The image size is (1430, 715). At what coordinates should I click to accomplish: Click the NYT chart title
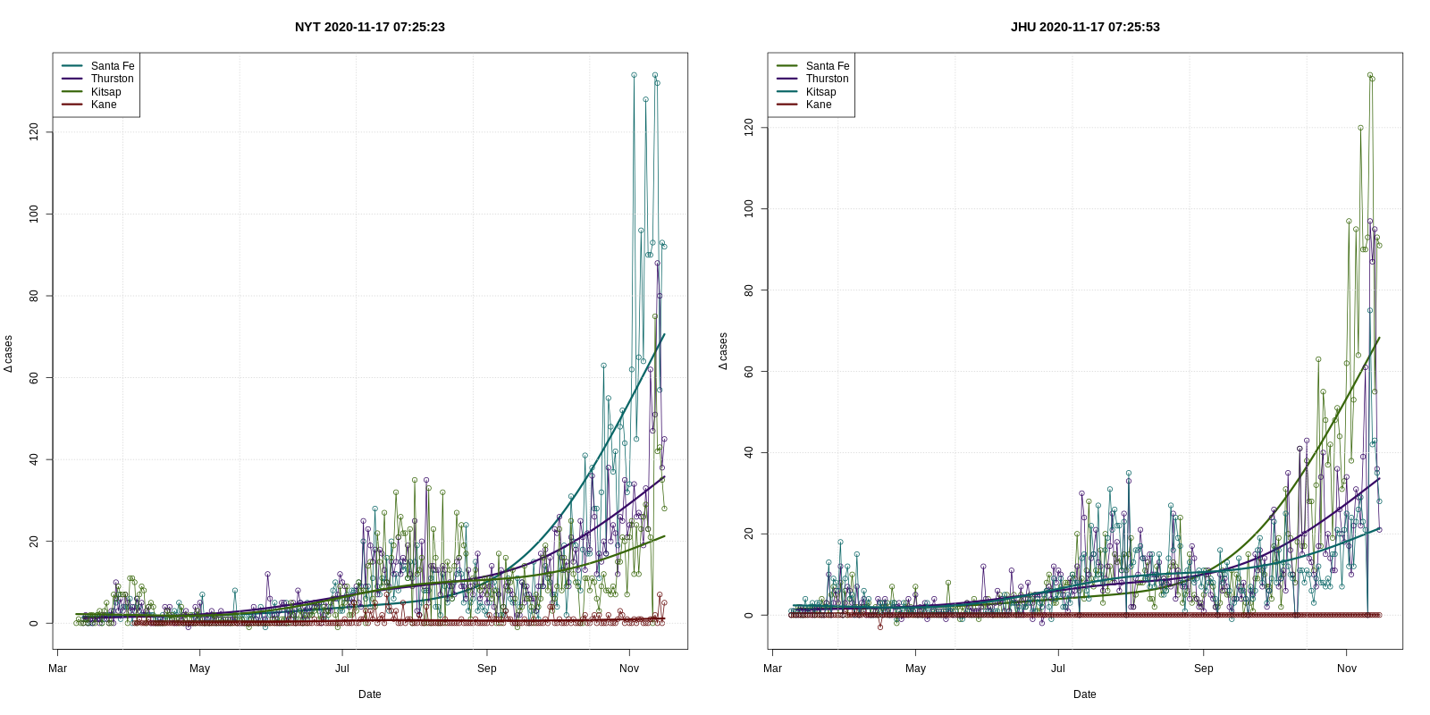pos(369,27)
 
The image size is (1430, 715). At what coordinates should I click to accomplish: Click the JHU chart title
pos(1084,27)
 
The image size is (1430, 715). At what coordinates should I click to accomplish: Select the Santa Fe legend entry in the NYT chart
pos(112,66)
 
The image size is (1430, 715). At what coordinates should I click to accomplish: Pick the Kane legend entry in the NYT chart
pos(104,105)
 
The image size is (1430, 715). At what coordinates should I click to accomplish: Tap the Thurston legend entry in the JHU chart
pos(827,79)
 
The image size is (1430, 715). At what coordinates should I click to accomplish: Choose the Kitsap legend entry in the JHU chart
pos(820,92)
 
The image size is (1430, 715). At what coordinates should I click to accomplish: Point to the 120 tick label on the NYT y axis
pos(34,132)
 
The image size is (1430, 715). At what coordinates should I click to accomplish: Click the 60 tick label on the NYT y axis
pos(34,378)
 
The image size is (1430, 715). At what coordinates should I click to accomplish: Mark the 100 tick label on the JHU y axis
pos(749,209)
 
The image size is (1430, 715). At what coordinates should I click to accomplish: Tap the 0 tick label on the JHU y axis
pos(749,616)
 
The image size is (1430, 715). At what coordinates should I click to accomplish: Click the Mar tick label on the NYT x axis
pos(57,669)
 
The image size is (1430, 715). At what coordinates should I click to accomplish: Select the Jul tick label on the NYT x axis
pos(342,669)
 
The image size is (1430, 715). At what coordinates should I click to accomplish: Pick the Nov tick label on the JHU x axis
pos(1346,669)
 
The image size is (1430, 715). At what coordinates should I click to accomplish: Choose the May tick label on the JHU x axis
pos(915,669)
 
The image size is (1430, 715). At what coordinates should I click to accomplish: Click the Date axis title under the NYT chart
pos(369,694)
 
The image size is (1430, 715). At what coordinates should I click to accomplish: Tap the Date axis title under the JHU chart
pos(1084,694)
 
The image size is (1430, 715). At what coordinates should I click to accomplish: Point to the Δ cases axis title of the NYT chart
pos(8,354)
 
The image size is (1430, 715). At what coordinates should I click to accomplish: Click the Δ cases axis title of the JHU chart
pos(723,351)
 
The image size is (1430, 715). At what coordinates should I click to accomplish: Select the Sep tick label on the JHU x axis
pos(1203,669)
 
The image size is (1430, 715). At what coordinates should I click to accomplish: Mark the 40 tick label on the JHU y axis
pos(749,453)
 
